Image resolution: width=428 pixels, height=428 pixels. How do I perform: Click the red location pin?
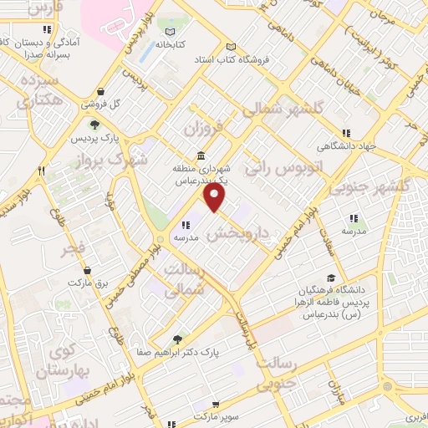click(x=216, y=197)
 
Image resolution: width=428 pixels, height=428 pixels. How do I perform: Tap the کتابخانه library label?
click(x=167, y=45)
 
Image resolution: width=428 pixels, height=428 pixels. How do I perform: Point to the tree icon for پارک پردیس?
click(x=94, y=124)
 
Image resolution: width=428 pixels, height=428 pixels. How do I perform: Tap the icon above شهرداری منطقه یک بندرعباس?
click(x=201, y=156)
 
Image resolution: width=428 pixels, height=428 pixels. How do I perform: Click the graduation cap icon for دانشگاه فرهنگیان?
click(x=332, y=278)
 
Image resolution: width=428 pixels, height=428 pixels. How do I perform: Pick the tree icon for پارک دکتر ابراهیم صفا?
click(x=176, y=339)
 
